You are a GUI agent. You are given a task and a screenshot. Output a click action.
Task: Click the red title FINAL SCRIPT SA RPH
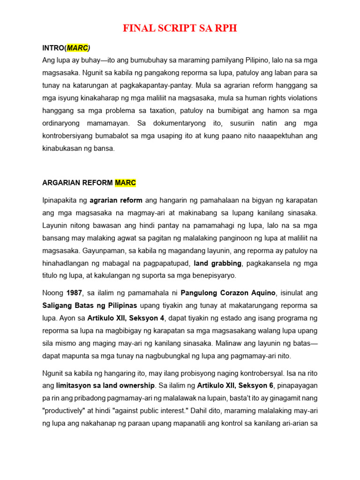tap(180, 29)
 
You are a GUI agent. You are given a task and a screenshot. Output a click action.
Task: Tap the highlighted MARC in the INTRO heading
tap(77, 48)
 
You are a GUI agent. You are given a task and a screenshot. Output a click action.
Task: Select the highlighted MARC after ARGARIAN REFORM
tap(125, 182)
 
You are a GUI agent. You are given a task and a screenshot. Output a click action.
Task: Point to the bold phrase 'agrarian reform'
tap(116, 201)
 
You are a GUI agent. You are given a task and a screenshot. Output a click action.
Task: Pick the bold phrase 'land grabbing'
tap(217, 263)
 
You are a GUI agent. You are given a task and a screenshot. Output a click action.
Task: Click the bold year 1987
tap(75, 293)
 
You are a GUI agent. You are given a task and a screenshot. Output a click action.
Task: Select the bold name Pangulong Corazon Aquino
tap(229, 293)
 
